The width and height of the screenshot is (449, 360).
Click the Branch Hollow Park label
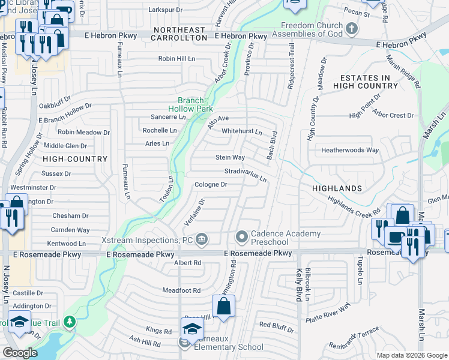(x=190, y=104)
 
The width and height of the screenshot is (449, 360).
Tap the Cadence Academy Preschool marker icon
(x=241, y=238)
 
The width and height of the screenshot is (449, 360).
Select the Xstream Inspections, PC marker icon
(x=202, y=239)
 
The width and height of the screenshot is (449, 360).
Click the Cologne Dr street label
(x=211, y=185)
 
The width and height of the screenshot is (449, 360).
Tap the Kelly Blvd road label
(x=298, y=286)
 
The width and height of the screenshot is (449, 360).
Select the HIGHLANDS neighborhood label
(x=337, y=188)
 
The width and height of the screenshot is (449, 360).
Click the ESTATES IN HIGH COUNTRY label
(x=369, y=82)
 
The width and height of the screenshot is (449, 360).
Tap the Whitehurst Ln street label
(x=242, y=131)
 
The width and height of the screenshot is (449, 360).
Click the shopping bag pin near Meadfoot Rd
(x=223, y=307)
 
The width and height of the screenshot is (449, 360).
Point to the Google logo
(x=20, y=353)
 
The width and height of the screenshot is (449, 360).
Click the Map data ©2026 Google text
(x=411, y=355)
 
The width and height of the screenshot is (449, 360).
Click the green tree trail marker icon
(x=70, y=322)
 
